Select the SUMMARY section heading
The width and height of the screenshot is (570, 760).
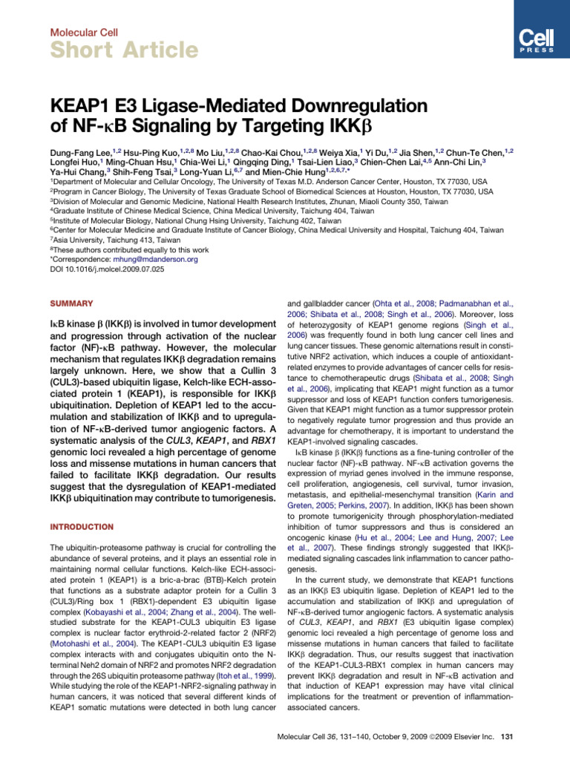point(71,304)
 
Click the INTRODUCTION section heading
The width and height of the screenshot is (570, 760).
point(82,526)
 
